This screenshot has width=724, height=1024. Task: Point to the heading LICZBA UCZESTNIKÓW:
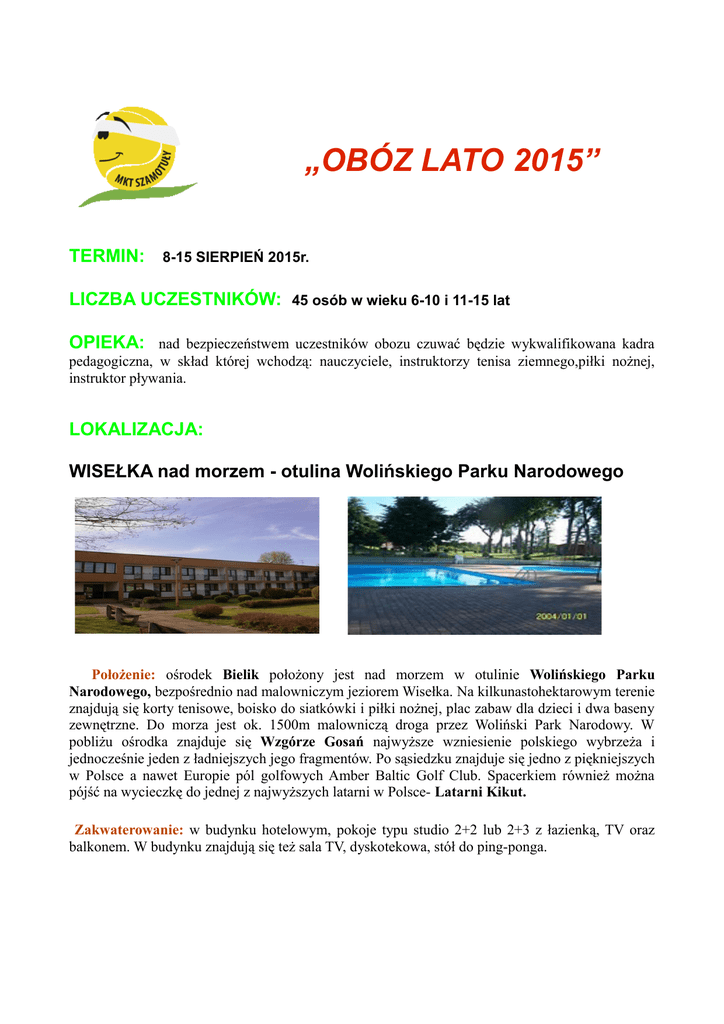pyautogui.click(x=174, y=298)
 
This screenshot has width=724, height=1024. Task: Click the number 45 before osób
pyautogui.click(x=299, y=299)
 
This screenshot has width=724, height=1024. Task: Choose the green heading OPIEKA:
pyautogui.click(x=107, y=344)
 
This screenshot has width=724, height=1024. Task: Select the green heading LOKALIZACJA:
pyautogui.click(x=136, y=430)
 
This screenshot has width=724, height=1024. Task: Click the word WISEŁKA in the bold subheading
pyautogui.click(x=110, y=470)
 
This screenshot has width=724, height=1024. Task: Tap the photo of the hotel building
pyautogui.click(x=197, y=565)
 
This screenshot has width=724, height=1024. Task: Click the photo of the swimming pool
pyautogui.click(x=474, y=565)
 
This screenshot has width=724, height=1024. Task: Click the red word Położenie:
pyautogui.click(x=124, y=674)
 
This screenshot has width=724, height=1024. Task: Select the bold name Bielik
pyautogui.click(x=240, y=674)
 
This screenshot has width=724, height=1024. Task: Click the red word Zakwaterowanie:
pyautogui.click(x=129, y=830)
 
